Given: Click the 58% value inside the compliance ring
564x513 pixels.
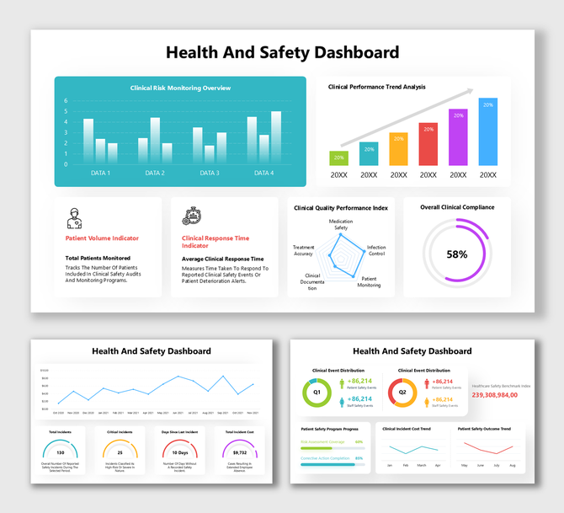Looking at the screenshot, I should coord(457,254).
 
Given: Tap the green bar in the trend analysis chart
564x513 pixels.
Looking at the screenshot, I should coord(338,158).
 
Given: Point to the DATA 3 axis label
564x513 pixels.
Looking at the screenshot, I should coord(210,173).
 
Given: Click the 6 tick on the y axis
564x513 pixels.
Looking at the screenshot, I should coord(66,100).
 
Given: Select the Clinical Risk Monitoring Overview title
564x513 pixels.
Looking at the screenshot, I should coord(180,88).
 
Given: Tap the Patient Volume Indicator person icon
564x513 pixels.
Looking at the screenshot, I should coord(74,218).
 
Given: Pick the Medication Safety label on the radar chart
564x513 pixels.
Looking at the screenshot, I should coord(341,224).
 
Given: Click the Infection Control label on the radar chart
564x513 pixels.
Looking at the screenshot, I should coord(376,250).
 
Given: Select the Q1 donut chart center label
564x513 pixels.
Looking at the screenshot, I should coord(317,393).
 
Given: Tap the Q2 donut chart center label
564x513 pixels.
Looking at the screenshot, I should coord(402,393).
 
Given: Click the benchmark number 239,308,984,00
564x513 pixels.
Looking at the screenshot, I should coord(501,394).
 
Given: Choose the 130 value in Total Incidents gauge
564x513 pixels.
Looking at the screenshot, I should coord(60,453).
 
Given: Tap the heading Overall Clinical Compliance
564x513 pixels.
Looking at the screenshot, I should coord(457,207).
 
